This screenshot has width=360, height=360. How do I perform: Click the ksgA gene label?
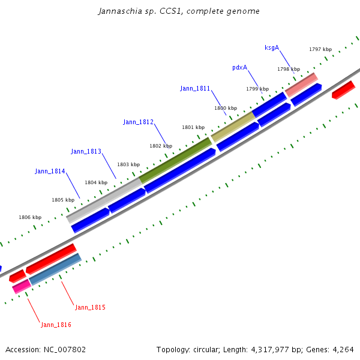(272, 47)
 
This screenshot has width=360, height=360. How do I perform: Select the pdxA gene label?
(240, 67)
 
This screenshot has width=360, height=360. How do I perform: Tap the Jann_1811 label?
(195, 88)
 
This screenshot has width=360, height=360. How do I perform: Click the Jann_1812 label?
(139, 122)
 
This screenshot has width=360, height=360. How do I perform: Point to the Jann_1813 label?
(86, 151)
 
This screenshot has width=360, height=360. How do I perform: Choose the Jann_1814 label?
(50, 171)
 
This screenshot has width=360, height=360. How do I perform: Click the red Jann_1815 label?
(90, 307)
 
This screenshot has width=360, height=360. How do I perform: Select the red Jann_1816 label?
(56, 325)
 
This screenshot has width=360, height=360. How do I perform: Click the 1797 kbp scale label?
(320, 49)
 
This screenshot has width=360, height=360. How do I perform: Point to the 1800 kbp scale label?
(226, 108)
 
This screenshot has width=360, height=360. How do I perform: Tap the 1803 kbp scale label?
(128, 164)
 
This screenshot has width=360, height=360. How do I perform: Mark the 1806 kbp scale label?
(30, 217)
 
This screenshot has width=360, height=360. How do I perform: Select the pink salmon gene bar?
(301, 85)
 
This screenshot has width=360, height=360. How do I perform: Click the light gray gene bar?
(104, 197)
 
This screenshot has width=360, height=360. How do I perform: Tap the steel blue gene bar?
(55, 269)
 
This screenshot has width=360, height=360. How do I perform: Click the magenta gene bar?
(21, 286)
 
